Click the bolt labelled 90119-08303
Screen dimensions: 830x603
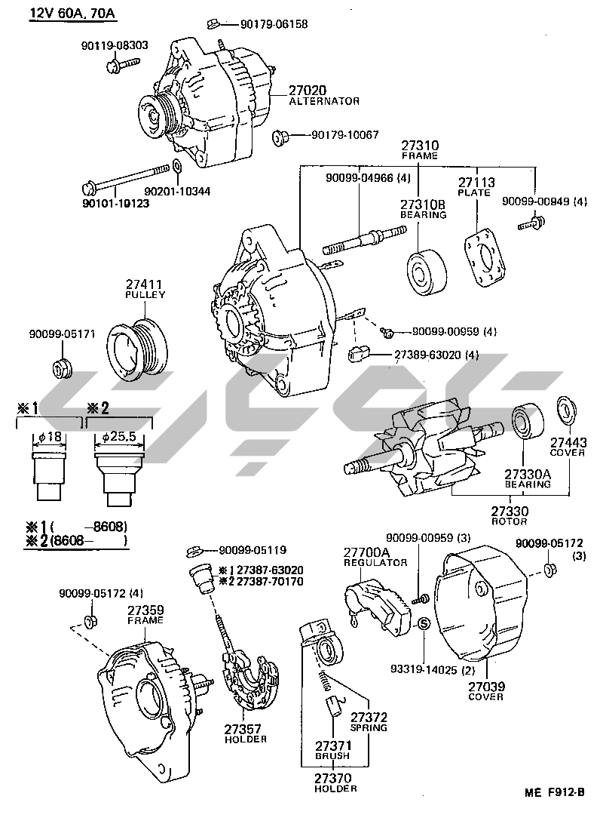[x=121, y=66]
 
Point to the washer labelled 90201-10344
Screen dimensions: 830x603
[x=176, y=167]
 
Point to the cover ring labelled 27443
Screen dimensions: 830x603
[x=563, y=409]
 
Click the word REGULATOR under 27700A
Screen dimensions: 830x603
[x=375, y=563]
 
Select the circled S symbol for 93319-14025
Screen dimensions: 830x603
[x=423, y=623]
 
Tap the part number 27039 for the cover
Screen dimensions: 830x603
[x=485, y=687]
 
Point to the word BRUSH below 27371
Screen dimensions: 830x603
[x=332, y=755]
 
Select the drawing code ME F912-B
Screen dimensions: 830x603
[x=555, y=792]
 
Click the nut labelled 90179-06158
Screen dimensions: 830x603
[x=213, y=23]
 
